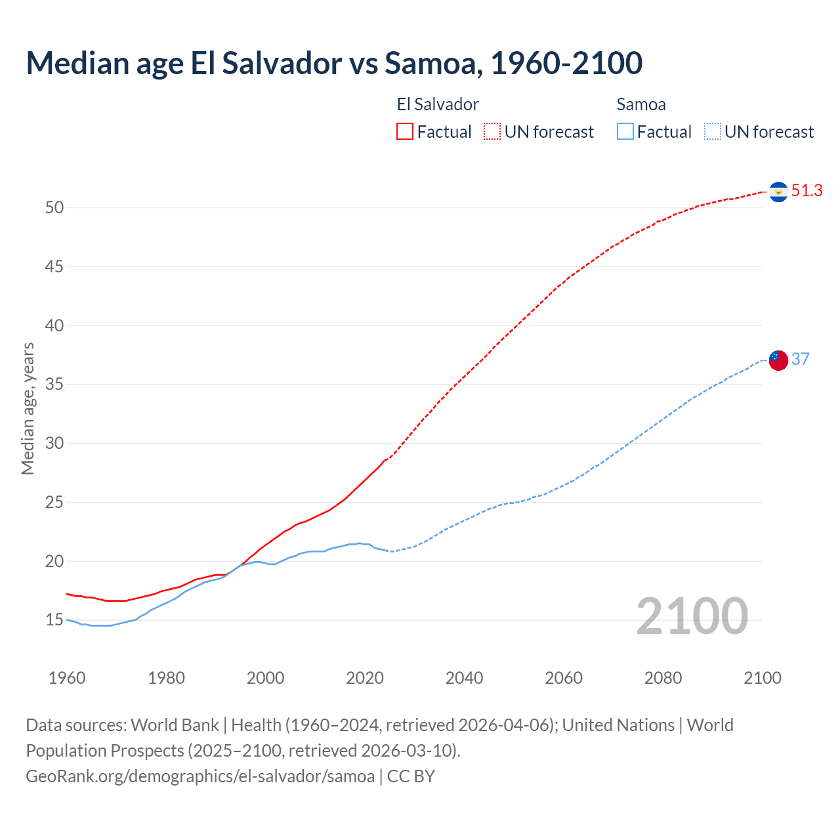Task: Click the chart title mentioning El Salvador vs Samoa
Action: tap(334, 63)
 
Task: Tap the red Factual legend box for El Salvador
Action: tap(405, 131)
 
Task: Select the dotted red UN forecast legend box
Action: tap(492, 131)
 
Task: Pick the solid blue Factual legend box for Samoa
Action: tap(625, 131)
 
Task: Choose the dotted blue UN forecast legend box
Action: tap(712, 131)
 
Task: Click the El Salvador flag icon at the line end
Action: tap(778, 192)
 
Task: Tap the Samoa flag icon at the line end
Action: tap(778, 360)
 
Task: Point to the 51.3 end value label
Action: tap(807, 191)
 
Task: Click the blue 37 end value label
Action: tap(801, 359)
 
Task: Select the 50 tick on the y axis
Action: tap(54, 208)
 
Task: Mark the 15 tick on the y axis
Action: tap(54, 620)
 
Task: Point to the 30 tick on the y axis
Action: tap(54, 444)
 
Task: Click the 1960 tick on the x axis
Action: tap(67, 678)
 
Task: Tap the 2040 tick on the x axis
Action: tap(464, 678)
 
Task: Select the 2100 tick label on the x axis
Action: tap(762, 678)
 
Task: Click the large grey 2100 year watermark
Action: tap(692, 616)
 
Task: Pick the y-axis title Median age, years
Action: tap(28, 408)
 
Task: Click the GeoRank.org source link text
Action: tap(200, 776)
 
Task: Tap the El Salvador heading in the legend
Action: tap(438, 104)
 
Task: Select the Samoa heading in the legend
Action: tap(641, 104)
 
